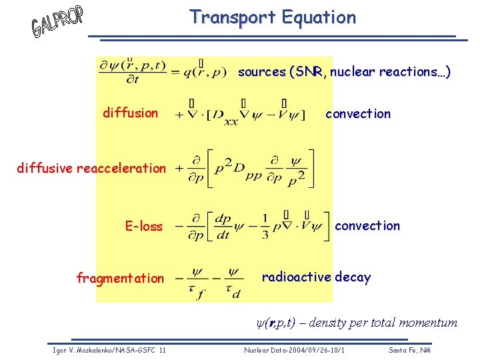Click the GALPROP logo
tap(57, 22)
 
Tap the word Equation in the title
tap(318, 18)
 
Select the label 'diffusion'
tap(130, 113)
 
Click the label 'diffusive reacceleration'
tap(91, 168)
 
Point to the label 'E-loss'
tap(143, 226)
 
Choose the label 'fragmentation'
tap(120, 278)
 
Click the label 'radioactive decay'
tap(316, 277)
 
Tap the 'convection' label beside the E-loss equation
tap(367, 225)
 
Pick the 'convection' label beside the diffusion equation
tap(358, 113)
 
